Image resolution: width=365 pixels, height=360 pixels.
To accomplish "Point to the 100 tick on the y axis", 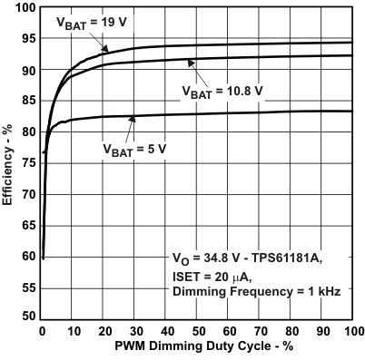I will coord(26,8).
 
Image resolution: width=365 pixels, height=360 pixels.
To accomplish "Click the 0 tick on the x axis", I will coord(42,331).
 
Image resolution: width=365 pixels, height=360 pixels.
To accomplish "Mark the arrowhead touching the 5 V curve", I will coord(133,116).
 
